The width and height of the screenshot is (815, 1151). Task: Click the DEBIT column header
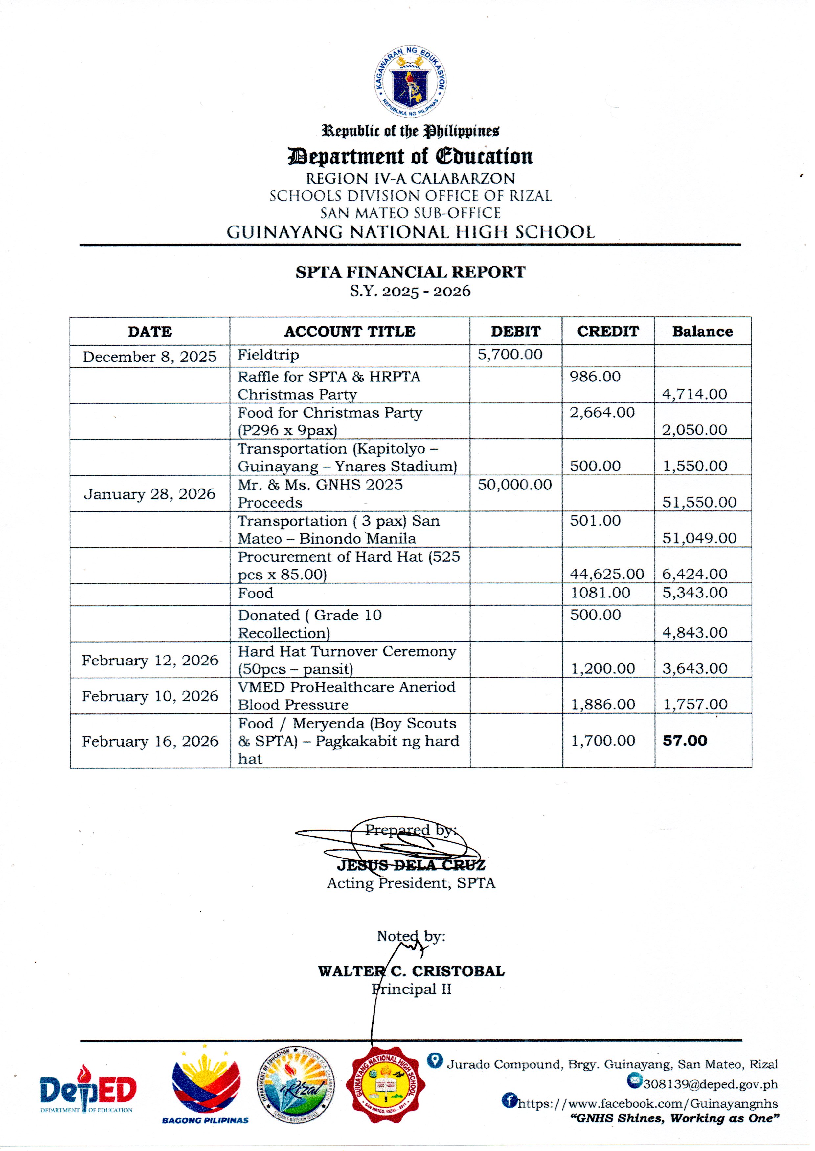coord(515,332)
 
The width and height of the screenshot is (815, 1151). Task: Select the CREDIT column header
coord(608,332)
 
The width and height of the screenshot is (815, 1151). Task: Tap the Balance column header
coord(702,332)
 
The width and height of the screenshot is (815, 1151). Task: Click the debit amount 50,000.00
coord(514,485)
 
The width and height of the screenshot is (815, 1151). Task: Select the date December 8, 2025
coord(149,357)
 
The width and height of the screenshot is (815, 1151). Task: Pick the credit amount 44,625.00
coord(607,574)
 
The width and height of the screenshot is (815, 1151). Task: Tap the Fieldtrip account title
coord(268,355)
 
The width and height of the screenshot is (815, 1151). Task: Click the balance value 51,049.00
coord(699,539)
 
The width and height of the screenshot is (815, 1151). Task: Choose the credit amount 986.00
coord(595,377)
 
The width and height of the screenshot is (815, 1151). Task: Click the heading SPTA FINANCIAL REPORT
coord(410,272)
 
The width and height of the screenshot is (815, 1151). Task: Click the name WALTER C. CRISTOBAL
coord(411,971)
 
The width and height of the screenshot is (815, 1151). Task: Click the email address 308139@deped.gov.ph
coord(710,1084)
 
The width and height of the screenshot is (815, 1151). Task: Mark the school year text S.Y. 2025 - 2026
coord(410,292)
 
